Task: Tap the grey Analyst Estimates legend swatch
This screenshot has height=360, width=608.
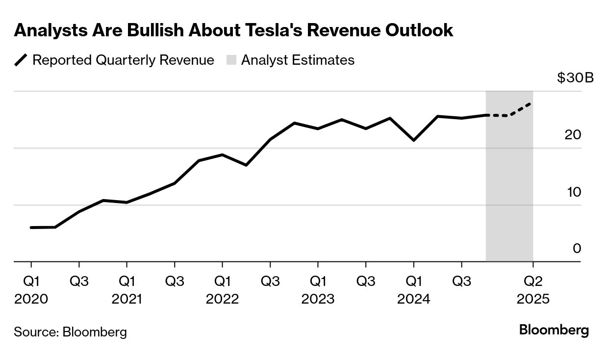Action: (x=231, y=60)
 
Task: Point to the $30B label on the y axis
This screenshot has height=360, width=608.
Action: (x=575, y=78)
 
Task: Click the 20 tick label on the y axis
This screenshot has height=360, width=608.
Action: (x=573, y=135)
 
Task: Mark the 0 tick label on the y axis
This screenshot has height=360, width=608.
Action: (x=577, y=249)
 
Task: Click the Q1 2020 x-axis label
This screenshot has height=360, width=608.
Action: (x=31, y=290)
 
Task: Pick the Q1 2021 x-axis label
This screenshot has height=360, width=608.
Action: (x=127, y=290)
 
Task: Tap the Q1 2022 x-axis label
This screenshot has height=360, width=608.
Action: (x=222, y=290)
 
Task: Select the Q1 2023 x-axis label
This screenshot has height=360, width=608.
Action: (x=318, y=290)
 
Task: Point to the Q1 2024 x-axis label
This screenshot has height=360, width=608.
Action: (x=414, y=290)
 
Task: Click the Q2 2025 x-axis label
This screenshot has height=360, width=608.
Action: (x=533, y=290)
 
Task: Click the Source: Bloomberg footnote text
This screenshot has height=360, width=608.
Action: (x=70, y=332)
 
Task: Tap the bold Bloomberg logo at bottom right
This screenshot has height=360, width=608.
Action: (x=554, y=330)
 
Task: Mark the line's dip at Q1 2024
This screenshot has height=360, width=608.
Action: (x=414, y=140)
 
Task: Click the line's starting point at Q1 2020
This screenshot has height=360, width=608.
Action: (x=31, y=228)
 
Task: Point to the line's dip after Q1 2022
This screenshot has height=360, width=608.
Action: (x=246, y=165)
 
